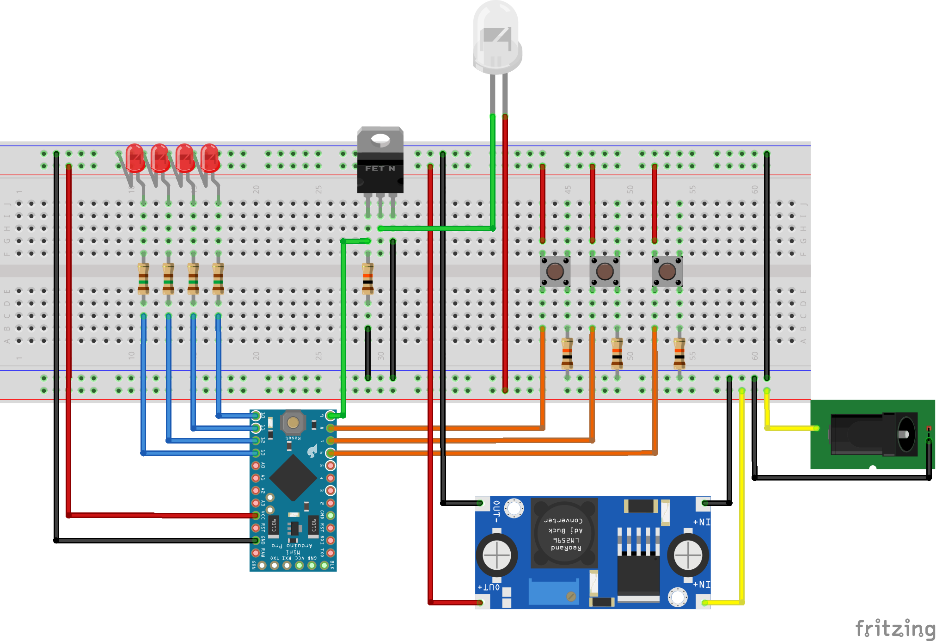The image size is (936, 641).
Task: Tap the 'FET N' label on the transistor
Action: point(380,168)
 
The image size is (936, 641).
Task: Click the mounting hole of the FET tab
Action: point(380,138)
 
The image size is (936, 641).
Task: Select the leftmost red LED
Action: point(135,157)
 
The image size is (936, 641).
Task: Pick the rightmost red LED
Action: point(210,157)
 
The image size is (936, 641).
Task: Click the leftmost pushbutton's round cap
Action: point(555,271)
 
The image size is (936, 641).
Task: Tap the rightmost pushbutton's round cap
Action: point(667,271)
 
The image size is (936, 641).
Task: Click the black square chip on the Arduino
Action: point(293,478)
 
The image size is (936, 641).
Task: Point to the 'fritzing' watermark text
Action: point(895,629)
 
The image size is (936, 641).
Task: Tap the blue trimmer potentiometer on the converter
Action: point(553,592)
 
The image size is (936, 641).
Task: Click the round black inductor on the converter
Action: point(564,533)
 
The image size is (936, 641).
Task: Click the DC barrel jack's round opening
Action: point(906,434)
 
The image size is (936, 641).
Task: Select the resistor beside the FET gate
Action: point(367,278)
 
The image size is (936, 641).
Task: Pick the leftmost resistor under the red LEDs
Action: point(143,278)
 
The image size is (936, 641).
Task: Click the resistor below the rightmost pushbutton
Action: point(679,352)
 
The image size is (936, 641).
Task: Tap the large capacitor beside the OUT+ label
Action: point(496,555)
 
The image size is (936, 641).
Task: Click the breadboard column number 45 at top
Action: point(568,189)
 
